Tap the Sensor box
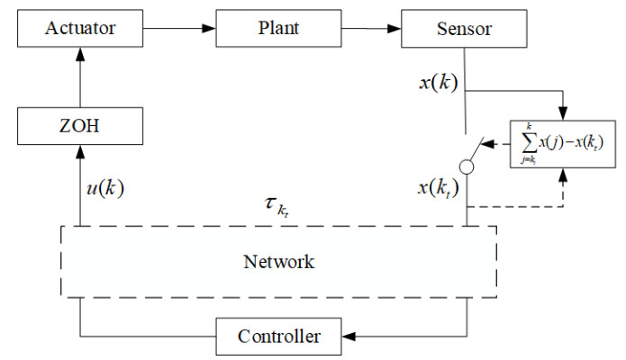click(464, 29)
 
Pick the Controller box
click(279, 337)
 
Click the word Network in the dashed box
click(279, 262)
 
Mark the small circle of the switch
click(467, 166)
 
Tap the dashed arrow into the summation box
click(564, 180)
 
